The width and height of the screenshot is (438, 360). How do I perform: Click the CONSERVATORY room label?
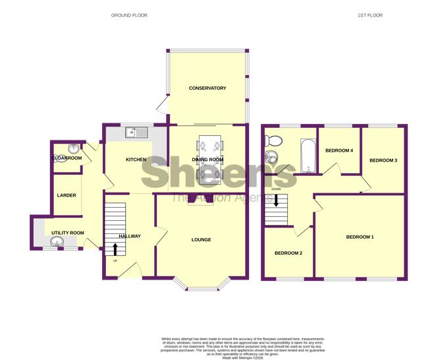coord(207,88)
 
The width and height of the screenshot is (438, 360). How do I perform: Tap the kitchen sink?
coord(140,133)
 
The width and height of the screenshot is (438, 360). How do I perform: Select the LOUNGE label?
coord(201,239)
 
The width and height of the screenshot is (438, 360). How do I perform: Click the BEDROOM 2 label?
coord(288,253)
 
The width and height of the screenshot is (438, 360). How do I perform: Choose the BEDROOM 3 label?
coord(383,160)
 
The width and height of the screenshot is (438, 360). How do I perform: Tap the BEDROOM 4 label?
coord(339,151)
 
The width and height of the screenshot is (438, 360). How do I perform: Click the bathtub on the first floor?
coord(308,156)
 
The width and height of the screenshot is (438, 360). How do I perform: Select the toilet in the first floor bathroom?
coord(272,140)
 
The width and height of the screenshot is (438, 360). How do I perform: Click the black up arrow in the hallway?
coord(116,249)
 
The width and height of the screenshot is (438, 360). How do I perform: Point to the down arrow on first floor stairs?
coord(277,200)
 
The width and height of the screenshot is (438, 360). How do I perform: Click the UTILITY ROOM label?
coord(68,233)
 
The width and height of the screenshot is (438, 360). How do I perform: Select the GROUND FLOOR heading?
coord(130,15)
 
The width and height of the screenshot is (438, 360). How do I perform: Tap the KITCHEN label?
coord(136,160)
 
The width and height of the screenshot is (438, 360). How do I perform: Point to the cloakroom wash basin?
coord(73,148)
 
